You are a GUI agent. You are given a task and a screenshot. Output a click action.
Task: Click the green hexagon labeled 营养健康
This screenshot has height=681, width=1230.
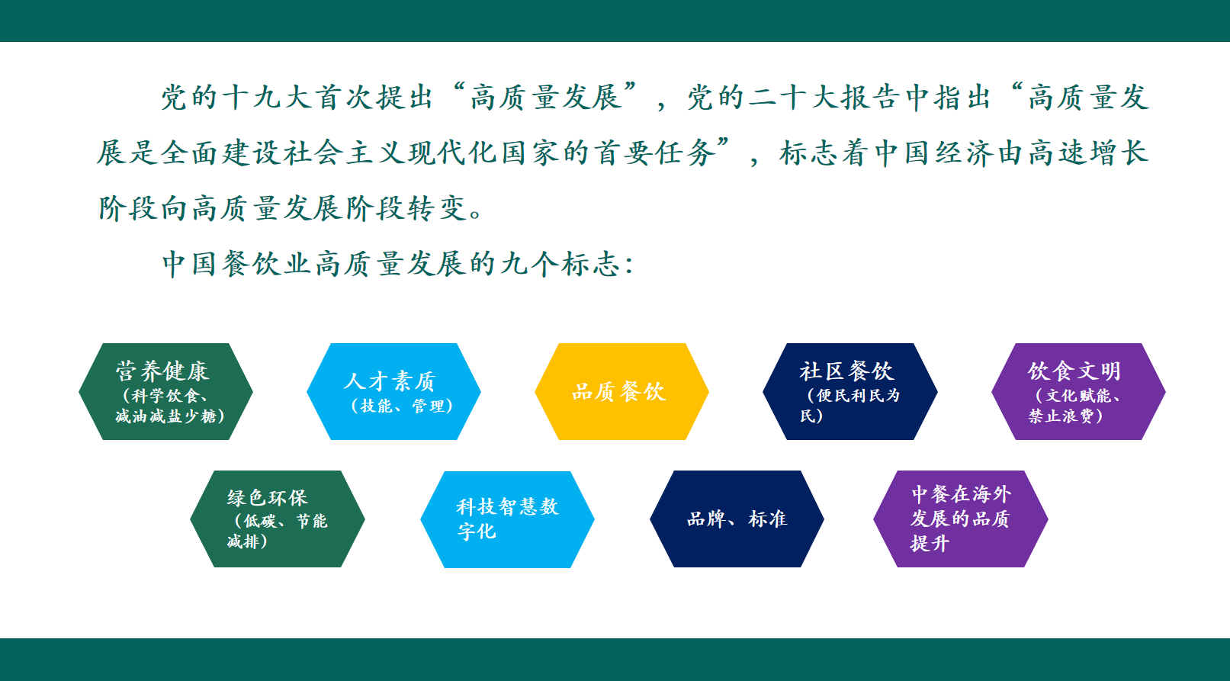coord(165,391)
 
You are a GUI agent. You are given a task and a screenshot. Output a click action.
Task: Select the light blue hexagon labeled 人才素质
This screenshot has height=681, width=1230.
coord(393,391)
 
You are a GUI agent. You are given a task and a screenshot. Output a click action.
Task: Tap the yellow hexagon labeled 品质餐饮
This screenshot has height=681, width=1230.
coord(621,391)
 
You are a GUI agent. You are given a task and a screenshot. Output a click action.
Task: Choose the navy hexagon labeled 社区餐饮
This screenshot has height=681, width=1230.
coord(850,391)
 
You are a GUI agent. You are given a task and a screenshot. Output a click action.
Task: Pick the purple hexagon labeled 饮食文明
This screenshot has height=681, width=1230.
coord(1078,391)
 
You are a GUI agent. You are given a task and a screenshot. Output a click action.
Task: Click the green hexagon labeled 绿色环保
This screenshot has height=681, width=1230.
coord(278,519)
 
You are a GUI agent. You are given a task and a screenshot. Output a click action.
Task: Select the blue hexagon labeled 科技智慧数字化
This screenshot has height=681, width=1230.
coord(507,519)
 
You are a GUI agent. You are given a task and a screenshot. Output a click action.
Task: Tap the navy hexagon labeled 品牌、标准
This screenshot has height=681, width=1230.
coord(737,519)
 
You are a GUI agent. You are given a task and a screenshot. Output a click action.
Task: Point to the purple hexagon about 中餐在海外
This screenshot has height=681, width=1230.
coord(960,519)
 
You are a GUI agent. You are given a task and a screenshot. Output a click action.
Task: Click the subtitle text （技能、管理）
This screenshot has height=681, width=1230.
coord(402,406)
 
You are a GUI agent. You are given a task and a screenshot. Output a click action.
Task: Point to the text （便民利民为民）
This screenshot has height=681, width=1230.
coord(850,405)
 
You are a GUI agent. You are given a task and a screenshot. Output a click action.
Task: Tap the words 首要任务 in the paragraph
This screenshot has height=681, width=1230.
coord(655,153)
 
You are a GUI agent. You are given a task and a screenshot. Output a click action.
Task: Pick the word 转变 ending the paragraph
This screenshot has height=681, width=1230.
coord(437,209)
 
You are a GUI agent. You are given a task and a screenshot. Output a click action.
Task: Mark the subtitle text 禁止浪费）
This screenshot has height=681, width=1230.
coord(1066,416)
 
